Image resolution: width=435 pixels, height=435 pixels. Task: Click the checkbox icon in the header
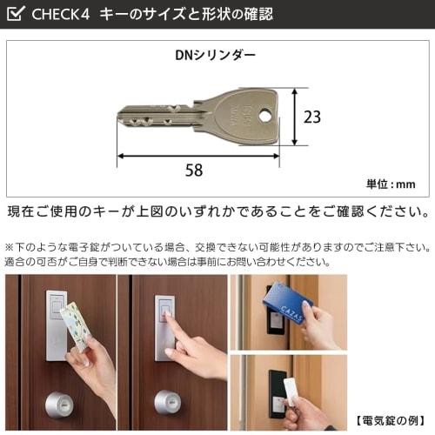coord(16,14)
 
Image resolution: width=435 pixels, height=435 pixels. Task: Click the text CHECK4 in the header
coord(62,14)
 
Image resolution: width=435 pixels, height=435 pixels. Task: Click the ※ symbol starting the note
coord(10,246)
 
